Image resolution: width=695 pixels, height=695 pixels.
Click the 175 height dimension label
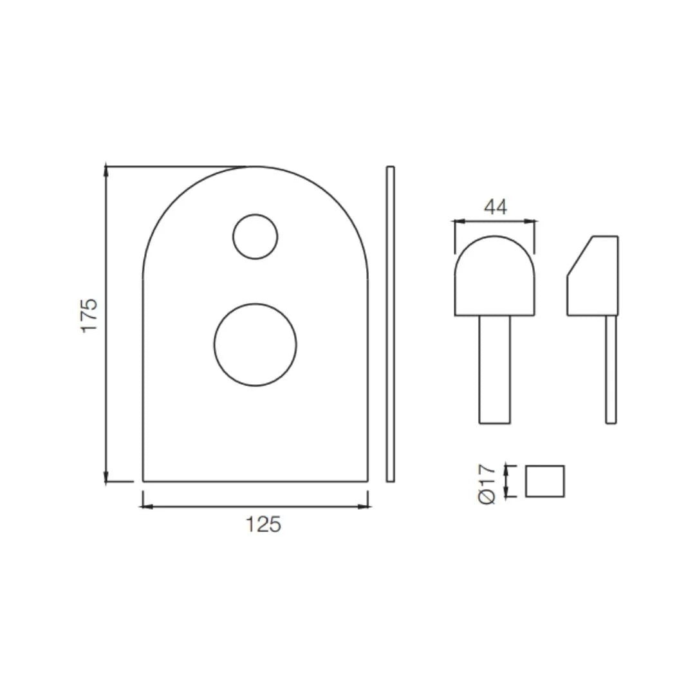(89, 315)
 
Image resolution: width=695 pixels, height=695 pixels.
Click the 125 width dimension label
(263, 524)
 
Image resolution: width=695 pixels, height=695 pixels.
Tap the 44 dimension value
(495, 207)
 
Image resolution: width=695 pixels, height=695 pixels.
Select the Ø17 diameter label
(488, 484)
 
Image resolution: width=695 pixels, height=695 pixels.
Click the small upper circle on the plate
(255, 237)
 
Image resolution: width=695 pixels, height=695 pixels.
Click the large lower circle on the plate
(255, 345)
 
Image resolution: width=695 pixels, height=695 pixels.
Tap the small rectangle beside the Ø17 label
(544, 481)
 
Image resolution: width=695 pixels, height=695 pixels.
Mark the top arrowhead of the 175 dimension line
(106, 171)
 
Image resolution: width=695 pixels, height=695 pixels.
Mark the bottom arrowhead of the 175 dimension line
(106, 477)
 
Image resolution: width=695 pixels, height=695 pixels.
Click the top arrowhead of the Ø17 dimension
(508, 468)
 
